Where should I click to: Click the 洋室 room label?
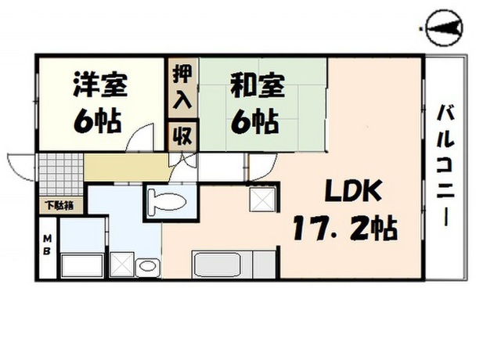(100, 85)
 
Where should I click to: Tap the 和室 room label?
(258, 85)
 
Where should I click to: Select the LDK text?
(353, 191)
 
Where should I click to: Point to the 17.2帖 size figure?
(345, 228)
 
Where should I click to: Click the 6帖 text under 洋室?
(97, 121)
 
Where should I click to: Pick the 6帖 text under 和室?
(255, 122)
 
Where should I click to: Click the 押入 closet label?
(182, 87)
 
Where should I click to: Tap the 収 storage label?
(182, 136)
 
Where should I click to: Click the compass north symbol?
(445, 28)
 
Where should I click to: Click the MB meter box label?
(47, 245)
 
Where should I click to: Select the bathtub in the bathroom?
(82, 265)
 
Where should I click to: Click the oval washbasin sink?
(147, 266)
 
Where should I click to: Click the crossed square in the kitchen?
(262, 200)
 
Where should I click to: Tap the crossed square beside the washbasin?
(121, 265)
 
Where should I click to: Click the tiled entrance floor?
(61, 175)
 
